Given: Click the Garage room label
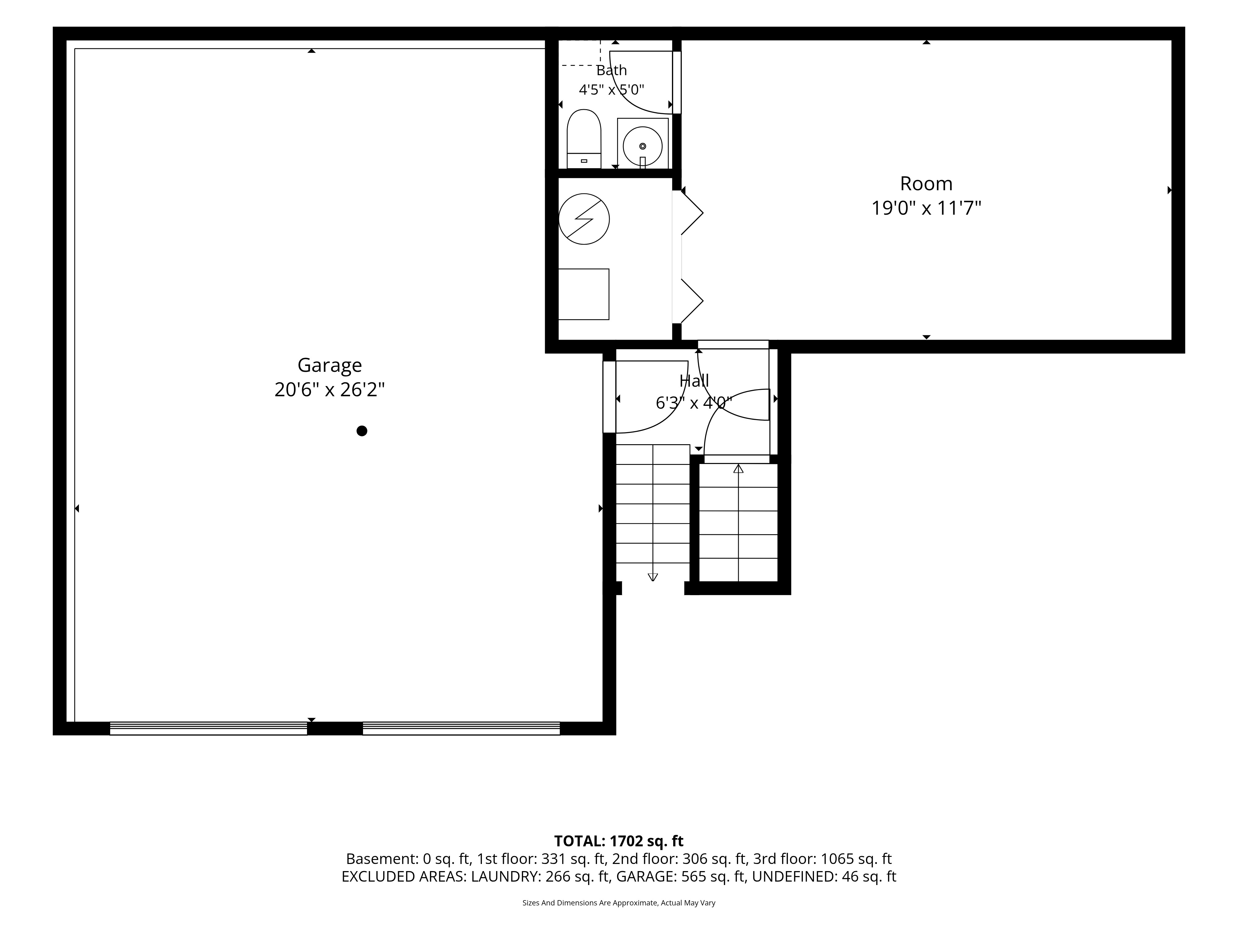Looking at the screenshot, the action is tap(330, 365).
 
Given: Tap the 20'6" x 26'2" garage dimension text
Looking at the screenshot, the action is tap(330, 389).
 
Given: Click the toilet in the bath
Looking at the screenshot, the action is tap(584, 139).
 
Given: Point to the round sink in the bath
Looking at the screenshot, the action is tap(643, 146).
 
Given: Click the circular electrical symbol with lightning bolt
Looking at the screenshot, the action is tap(584, 219).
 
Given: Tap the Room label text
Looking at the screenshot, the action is tap(926, 183).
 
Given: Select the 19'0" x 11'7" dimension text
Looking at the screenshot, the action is tap(926, 208).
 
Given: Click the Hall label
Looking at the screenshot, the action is tap(694, 381).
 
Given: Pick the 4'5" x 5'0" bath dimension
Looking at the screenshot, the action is tap(611, 89).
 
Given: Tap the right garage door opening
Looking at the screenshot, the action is tap(461, 728).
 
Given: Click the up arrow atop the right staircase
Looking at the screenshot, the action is tap(738, 469).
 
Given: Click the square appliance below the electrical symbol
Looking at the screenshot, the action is tap(584, 294).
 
